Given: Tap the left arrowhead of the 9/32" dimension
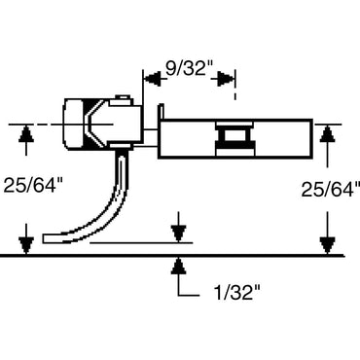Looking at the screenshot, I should click(x=149, y=75).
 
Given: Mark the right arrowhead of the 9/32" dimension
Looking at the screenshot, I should click(x=232, y=75).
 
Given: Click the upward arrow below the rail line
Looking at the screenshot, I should click(x=177, y=265).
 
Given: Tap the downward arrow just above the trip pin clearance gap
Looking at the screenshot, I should click(x=177, y=234).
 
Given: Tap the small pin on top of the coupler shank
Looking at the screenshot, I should click(x=123, y=97).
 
